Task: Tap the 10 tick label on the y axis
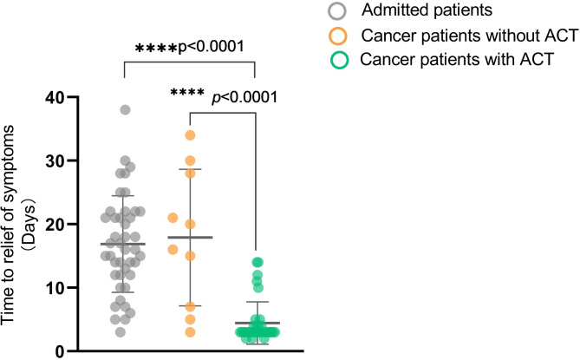coord(59,287)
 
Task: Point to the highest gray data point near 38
coord(125,110)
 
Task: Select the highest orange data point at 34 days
coord(190,135)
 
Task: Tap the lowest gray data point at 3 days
coord(121,331)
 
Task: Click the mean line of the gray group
coord(125,244)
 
